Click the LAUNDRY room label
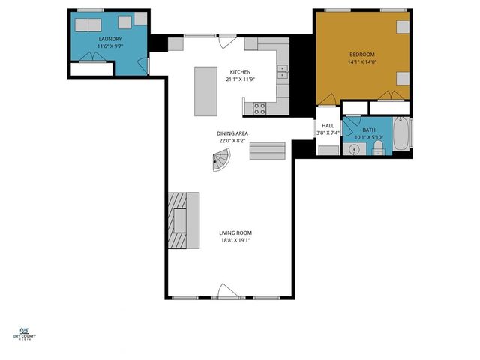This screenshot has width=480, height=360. pyautogui.click(x=109, y=38)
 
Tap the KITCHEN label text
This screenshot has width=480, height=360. pyautogui.click(x=240, y=71)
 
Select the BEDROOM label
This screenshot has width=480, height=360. pyautogui.click(x=362, y=55)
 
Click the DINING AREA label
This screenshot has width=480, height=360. pyautogui.click(x=233, y=133)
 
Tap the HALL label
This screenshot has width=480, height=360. pyautogui.click(x=328, y=125)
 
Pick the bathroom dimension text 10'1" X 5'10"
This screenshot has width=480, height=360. pyautogui.click(x=367, y=137)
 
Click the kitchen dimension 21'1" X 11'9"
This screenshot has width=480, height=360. pyautogui.click(x=240, y=79)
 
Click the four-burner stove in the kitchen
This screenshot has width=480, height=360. pyautogui.click(x=259, y=107)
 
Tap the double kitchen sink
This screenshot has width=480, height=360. pyautogui.click(x=283, y=72)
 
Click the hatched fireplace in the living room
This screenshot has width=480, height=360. pyautogui.click(x=176, y=220)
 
